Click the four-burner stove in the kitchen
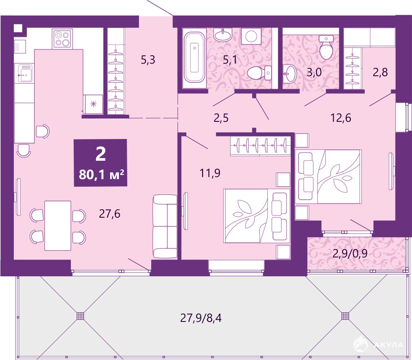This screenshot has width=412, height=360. click(62, 39)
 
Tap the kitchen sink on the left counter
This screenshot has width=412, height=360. click(25, 73)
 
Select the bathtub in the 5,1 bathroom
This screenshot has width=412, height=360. click(194, 57)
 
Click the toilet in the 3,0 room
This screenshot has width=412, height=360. click(326, 47)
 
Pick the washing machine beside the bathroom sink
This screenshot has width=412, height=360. click(251, 36)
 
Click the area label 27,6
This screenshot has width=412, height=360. click(110, 214)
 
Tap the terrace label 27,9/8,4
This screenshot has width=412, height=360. click(201, 318)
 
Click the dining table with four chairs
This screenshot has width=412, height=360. click(58, 226)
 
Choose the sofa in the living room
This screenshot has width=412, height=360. click(165, 226)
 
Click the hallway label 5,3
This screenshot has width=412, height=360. click(148, 60)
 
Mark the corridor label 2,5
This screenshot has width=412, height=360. click(221, 118)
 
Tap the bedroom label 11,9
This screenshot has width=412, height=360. click(210, 173)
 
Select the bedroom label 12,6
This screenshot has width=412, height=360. click(340, 118)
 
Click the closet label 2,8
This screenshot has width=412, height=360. click(380, 72)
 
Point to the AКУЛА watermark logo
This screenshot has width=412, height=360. click(378, 344)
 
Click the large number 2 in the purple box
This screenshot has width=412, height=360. click(100, 154)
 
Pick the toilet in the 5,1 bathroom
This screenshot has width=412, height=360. click(259, 73)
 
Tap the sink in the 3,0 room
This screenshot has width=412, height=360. click(290, 74)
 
